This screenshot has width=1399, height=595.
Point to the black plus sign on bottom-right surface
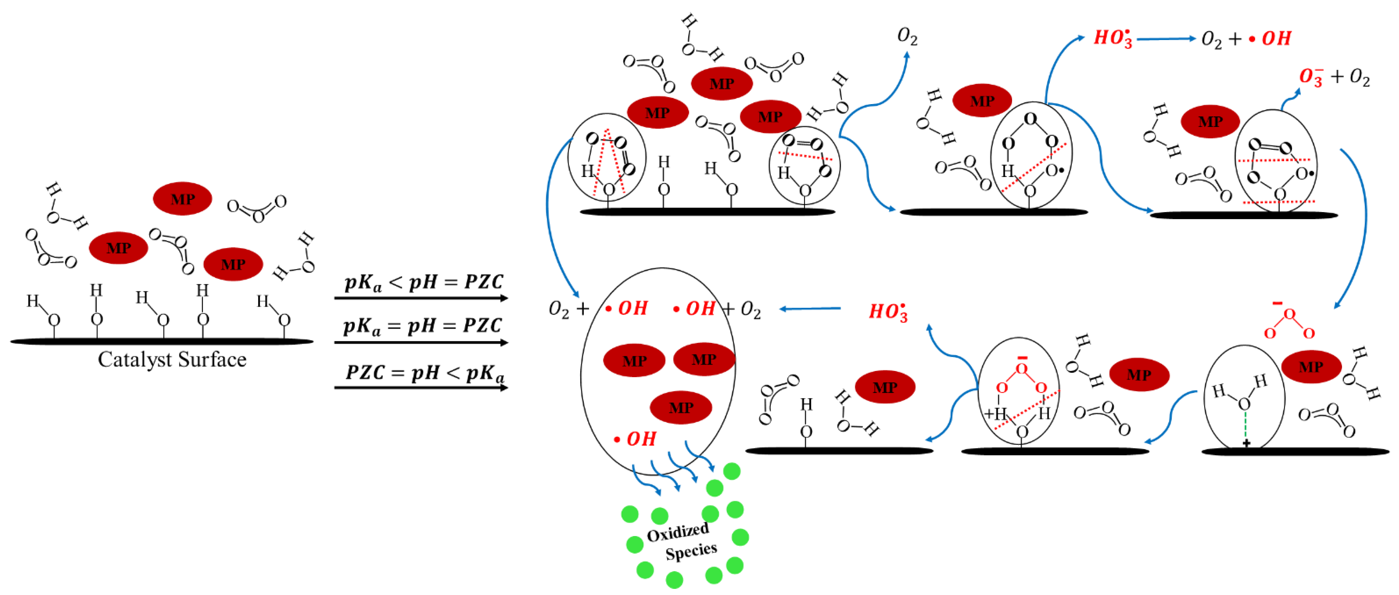click(x=1246, y=444)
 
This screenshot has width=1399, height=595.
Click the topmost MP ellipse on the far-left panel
click(x=182, y=199)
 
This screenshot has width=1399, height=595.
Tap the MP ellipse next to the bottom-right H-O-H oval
click(x=1311, y=367)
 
